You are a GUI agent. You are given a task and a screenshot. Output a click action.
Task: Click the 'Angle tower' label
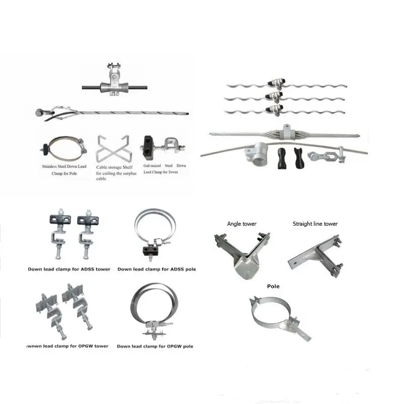(242, 224)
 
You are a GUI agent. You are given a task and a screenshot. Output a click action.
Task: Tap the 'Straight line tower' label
(315, 224)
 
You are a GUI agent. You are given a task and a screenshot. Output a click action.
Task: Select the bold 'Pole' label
(273, 286)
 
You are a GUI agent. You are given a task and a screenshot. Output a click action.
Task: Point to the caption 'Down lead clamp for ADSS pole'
(157, 269)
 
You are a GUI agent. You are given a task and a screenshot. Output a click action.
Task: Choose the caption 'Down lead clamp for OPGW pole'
(155, 346)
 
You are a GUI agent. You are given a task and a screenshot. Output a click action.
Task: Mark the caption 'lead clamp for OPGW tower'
(68, 346)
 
